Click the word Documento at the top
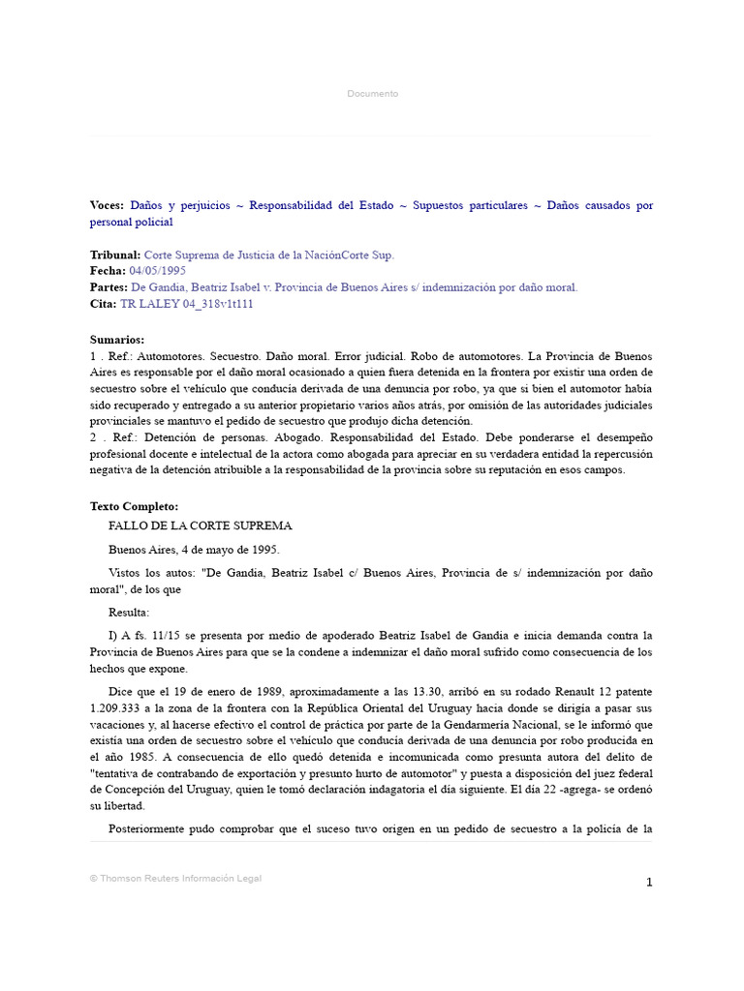pos(372,94)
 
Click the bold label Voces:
pos(107,206)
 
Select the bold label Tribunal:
pos(115,255)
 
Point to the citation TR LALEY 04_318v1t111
pos(187,304)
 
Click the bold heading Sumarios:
pos(117,340)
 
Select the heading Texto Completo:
pos(134,506)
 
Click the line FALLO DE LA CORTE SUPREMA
pos(201,526)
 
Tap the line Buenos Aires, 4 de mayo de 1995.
pos(194,550)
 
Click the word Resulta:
pos(130,613)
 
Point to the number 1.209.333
pos(117,708)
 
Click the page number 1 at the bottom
pos(649,882)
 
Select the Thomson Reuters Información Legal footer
pos(175,879)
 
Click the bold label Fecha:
pos(108,271)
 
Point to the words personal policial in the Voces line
pos(131,223)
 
